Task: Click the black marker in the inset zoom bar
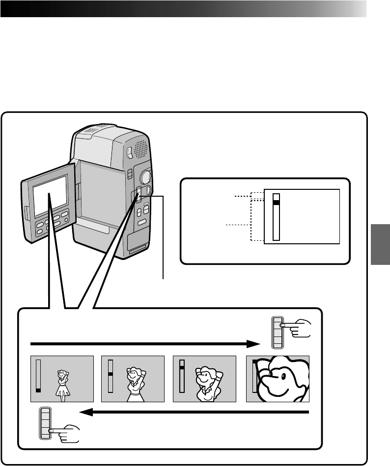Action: [276, 202]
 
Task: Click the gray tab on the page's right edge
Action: [380, 245]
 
